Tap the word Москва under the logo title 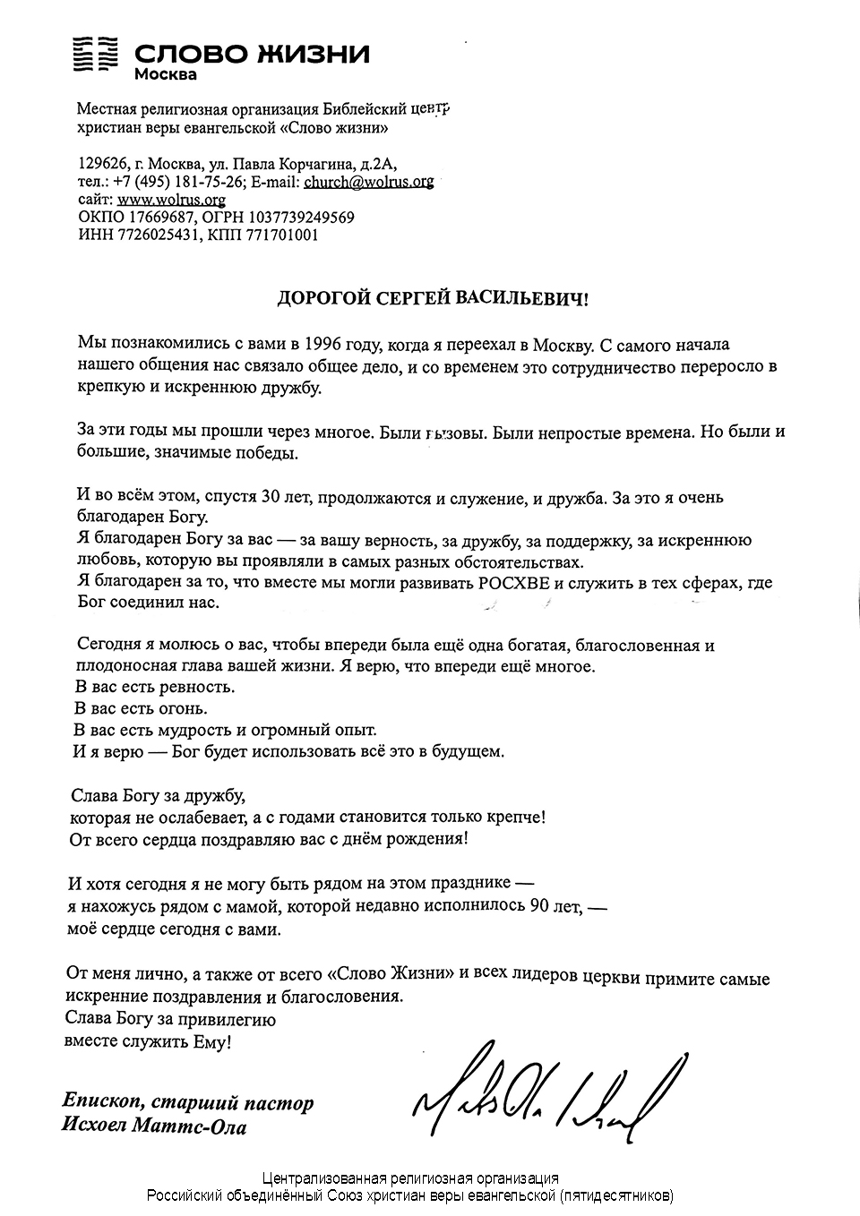(166, 75)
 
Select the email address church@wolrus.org (369, 182)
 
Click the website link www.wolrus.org (171, 200)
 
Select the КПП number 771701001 (279, 235)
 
